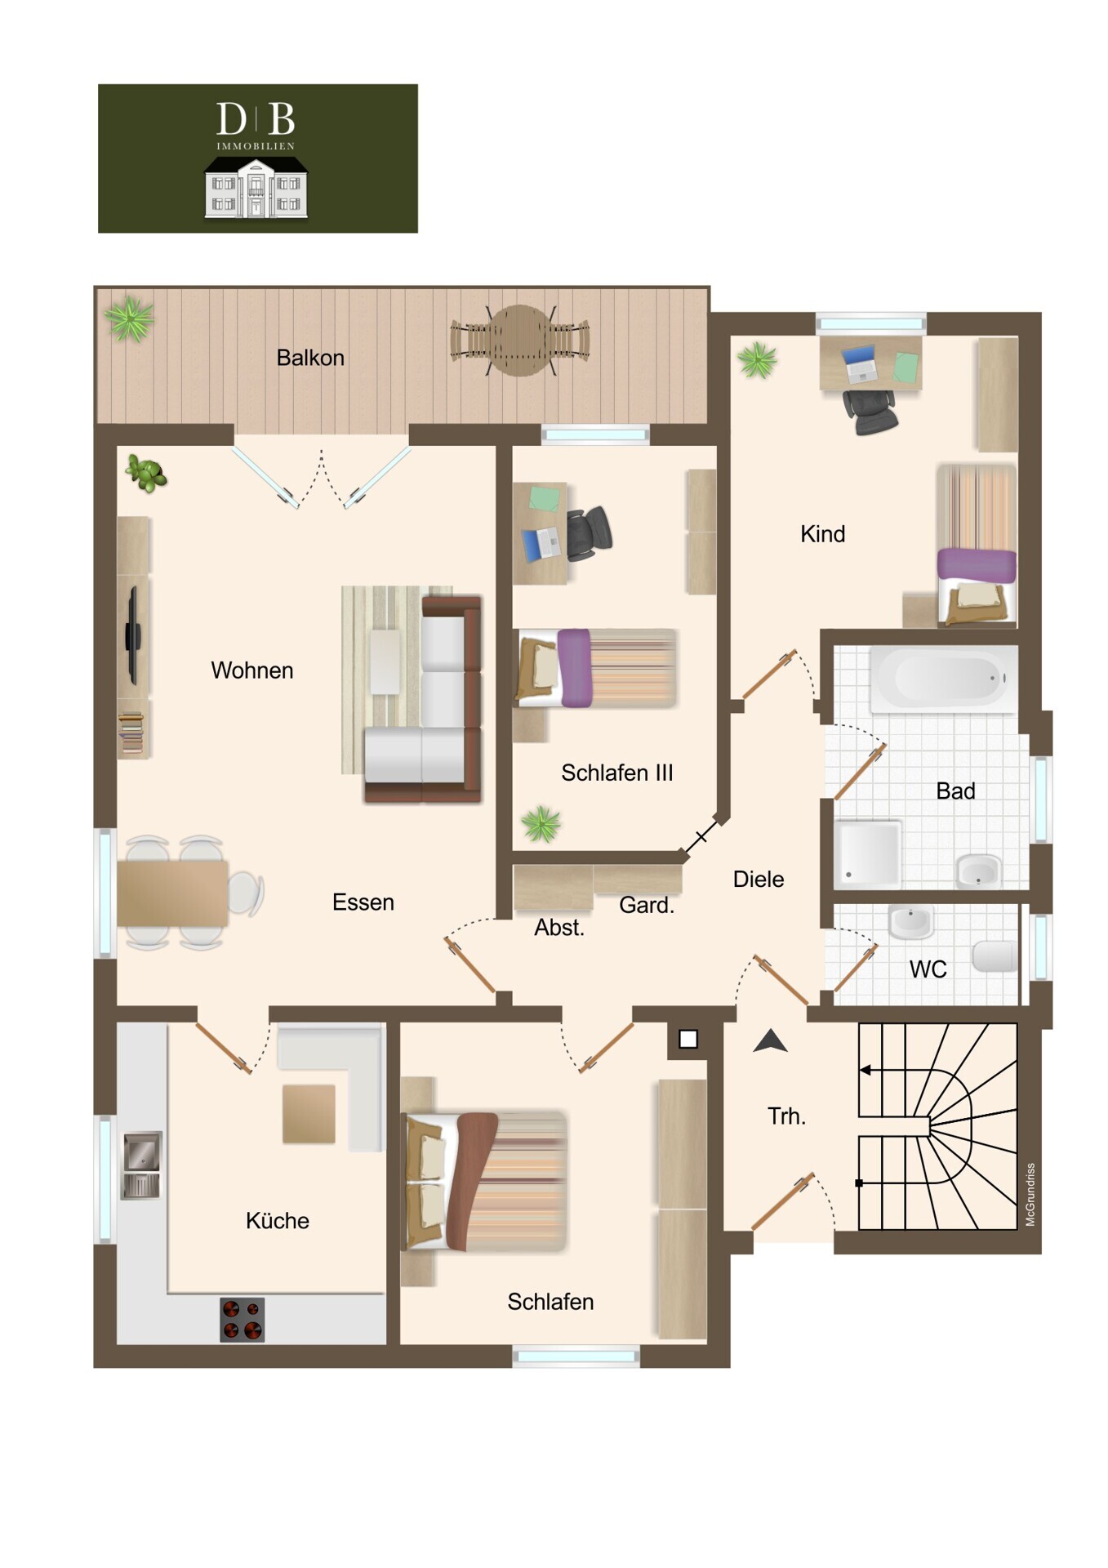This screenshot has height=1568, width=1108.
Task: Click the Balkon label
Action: coord(310,358)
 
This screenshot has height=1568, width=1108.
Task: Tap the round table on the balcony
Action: coord(520,340)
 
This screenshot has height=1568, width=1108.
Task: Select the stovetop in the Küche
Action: coord(243,1320)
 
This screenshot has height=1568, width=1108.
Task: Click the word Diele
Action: coord(759,879)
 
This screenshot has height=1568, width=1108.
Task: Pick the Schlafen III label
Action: coord(617,773)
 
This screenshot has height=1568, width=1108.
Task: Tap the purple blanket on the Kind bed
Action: coord(977,565)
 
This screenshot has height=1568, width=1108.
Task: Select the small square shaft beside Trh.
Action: coord(688,1039)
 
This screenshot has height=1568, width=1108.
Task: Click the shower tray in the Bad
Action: coord(867,854)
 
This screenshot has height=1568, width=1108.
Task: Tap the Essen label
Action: coord(363,902)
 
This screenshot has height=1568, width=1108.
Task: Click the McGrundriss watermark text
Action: coord(1030,1194)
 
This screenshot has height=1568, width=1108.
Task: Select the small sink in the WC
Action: coord(911,922)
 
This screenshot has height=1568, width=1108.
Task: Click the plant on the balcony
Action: coord(129,318)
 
